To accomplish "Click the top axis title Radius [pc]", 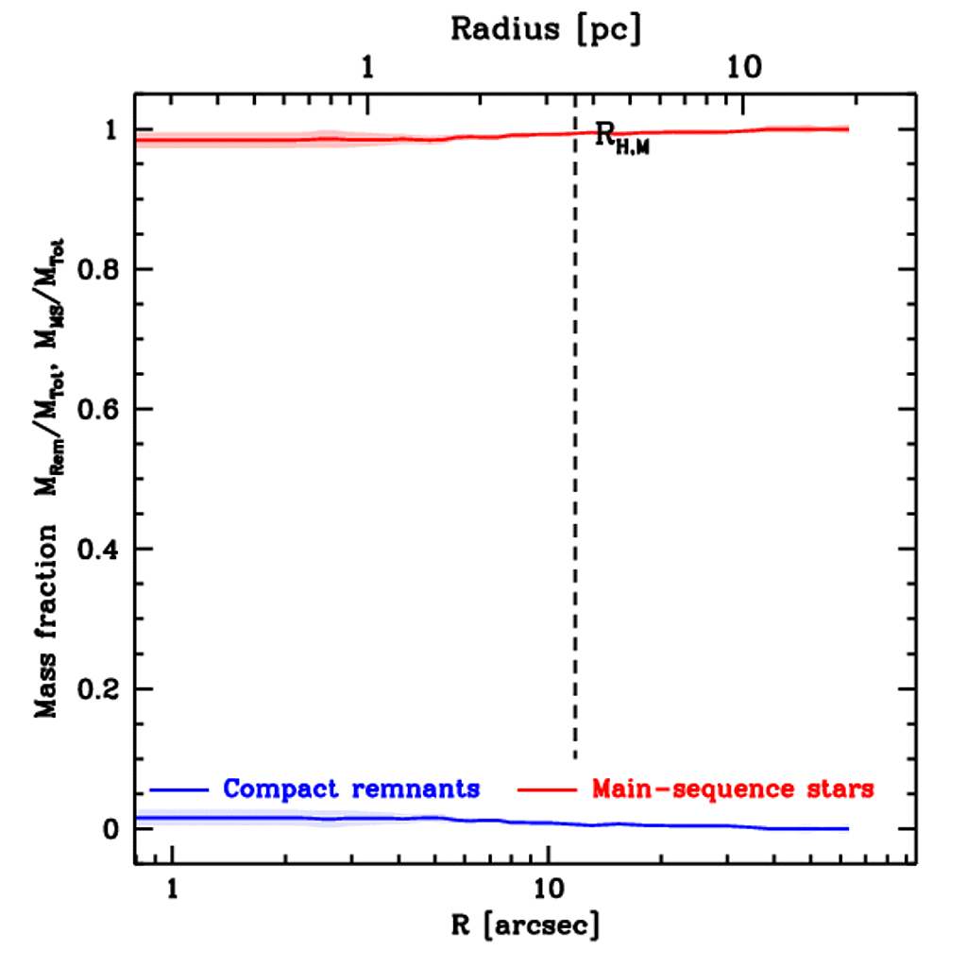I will pyautogui.click(x=546, y=28).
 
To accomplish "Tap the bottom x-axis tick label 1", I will pyautogui.click(x=172, y=890).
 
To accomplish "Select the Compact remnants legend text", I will pyautogui.click(x=351, y=788).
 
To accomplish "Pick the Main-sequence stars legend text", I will pyautogui.click(x=732, y=788).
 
